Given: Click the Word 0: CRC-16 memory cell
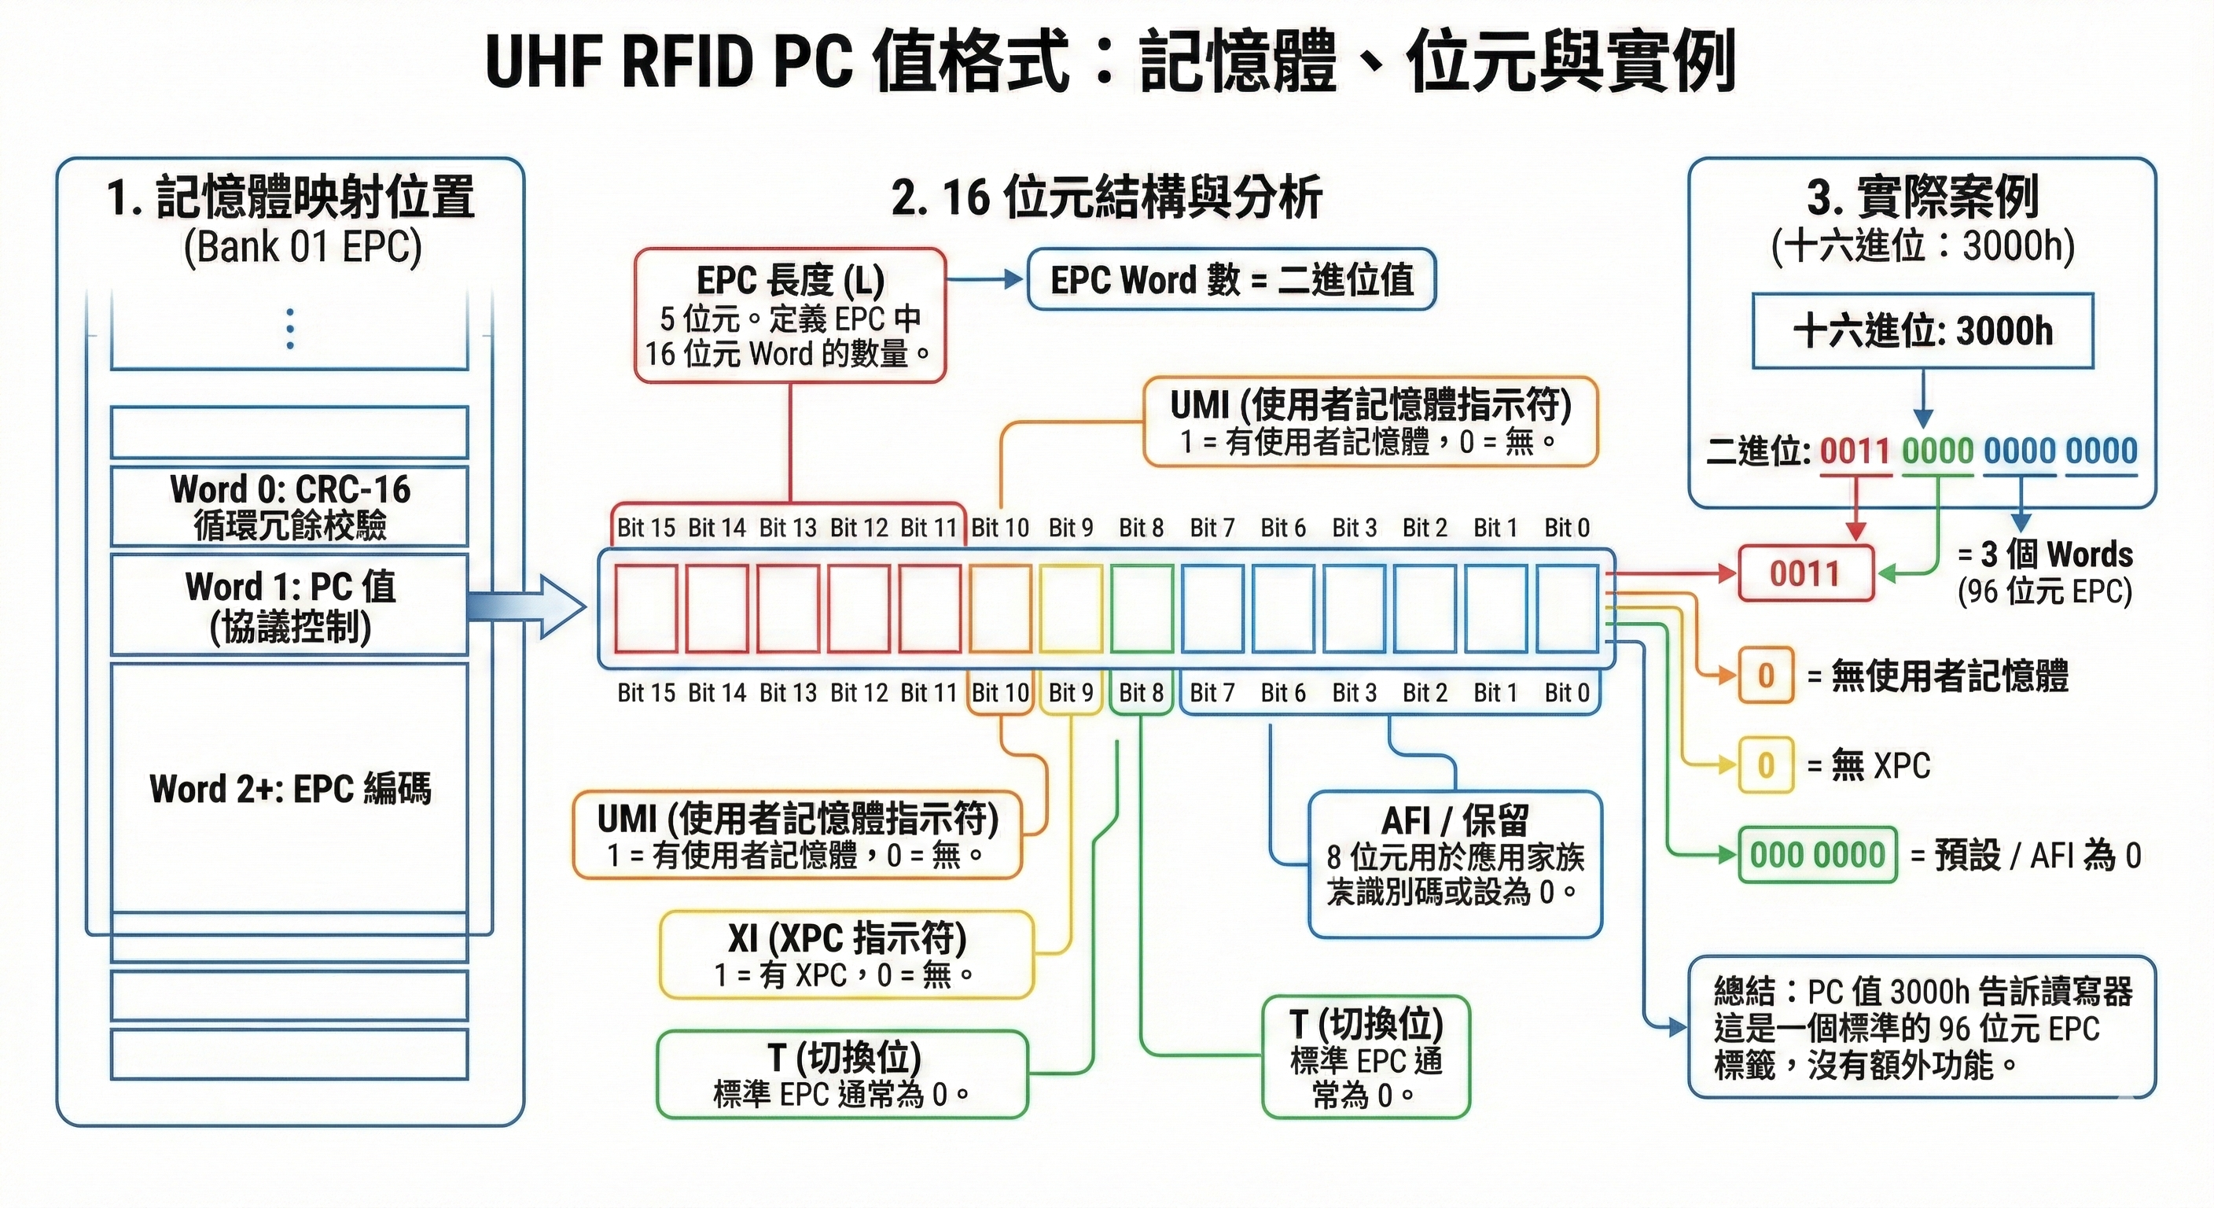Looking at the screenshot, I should [x=289, y=506].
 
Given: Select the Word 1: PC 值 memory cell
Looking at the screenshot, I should [x=289, y=605].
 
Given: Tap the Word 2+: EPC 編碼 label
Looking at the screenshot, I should [x=289, y=788].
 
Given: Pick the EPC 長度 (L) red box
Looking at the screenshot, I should [x=790, y=315].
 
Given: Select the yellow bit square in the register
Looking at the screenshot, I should [x=1070, y=608].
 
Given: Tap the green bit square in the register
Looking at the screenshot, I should [x=1142, y=608].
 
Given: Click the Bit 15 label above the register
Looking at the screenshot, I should [x=645, y=527].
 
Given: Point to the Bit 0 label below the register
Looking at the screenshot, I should [x=1566, y=692].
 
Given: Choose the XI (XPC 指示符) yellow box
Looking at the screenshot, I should [x=847, y=954].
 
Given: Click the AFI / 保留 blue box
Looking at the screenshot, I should [x=1455, y=864].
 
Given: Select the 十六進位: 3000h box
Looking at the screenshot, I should [x=1922, y=331].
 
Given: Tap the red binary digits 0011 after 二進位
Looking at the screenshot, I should [x=1854, y=451].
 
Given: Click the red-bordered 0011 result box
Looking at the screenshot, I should [x=1805, y=573].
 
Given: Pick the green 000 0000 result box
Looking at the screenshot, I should [x=1817, y=855].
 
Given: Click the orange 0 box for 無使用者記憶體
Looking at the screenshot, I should [x=1765, y=676].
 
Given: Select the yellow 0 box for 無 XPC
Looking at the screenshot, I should [x=1765, y=764].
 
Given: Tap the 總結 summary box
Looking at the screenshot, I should [x=1922, y=1027].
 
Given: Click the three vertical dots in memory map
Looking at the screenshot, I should [x=290, y=329].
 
